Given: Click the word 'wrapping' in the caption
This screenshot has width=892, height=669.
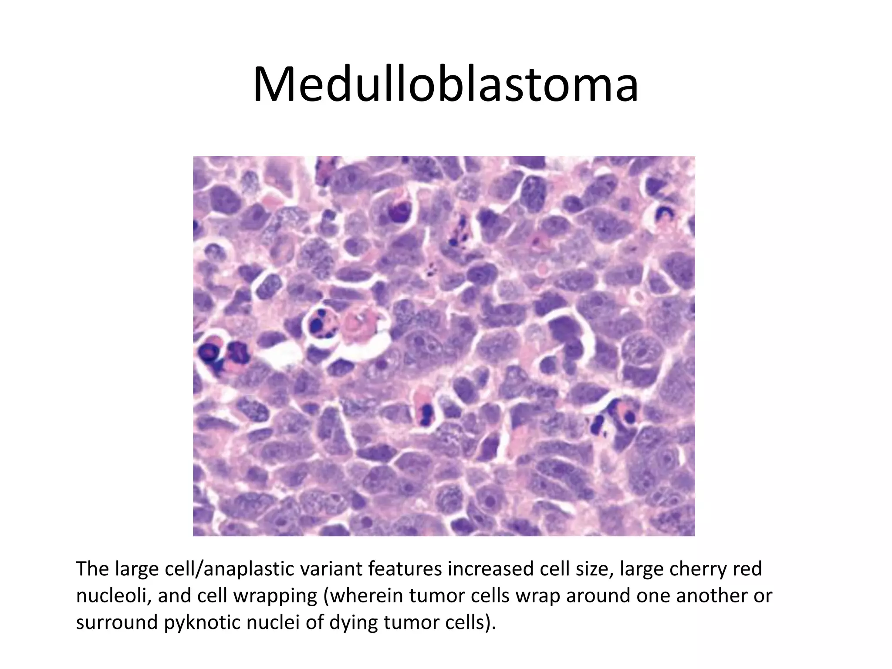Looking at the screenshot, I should pos(275,596).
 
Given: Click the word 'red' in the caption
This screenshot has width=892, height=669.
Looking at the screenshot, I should pos(748,569).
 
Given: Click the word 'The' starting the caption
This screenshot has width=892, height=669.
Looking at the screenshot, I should pos(92,569).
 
